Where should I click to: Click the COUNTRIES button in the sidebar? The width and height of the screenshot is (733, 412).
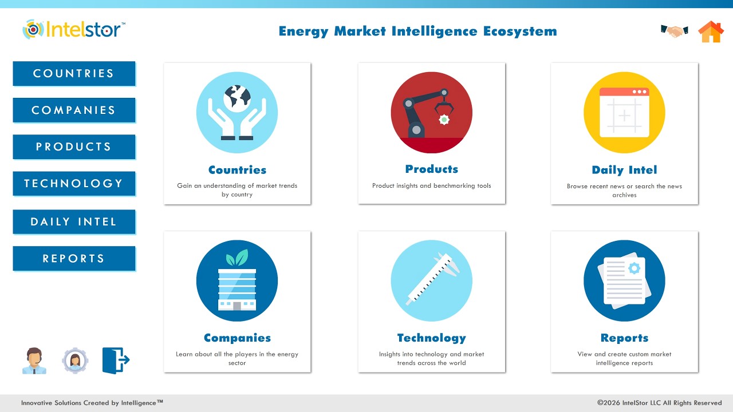(x=74, y=74)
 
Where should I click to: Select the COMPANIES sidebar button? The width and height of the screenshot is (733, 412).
(x=74, y=110)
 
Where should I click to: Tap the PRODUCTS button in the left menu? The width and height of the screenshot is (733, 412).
(x=74, y=147)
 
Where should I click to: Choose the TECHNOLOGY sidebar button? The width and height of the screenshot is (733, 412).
(x=74, y=184)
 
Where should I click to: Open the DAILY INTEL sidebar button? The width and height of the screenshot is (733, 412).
(x=74, y=222)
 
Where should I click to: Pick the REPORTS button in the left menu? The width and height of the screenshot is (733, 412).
(x=74, y=259)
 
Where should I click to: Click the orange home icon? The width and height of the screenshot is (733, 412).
(x=711, y=32)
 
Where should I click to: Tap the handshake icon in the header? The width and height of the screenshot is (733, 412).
(x=674, y=31)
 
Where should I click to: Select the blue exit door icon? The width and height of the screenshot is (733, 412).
(x=116, y=360)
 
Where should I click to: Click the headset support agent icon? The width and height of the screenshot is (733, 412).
(x=34, y=361)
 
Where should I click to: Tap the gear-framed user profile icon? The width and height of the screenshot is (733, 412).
(x=75, y=360)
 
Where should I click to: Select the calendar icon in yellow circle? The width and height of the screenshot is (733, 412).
(x=624, y=113)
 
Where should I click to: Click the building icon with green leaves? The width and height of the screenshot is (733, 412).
(x=237, y=281)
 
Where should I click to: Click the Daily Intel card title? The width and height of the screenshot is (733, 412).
(x=624, y=170)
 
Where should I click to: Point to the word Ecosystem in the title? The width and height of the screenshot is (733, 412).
(x=520, y=31)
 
